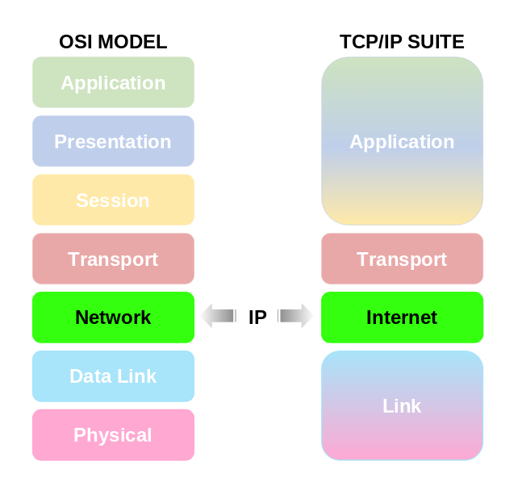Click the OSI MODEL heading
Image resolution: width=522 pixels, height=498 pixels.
click(x=113, y=42)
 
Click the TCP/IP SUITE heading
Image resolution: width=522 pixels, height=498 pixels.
click(x=402, y=42)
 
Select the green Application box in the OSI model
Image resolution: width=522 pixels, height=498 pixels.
click(x=113, y=82)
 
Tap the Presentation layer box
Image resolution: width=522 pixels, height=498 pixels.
click(x=113, y=141)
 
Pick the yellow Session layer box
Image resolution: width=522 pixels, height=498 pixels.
click(x=113, y=200)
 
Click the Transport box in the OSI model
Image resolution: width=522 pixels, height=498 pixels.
click(x=113, y=259)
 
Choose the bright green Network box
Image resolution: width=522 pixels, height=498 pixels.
click(x=113, y=317)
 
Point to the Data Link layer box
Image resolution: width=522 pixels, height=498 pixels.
click(x=113, y=376)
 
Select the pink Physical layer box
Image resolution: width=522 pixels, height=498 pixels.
click(x=113, y=435)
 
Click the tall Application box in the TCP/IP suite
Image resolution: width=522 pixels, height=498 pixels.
click(x=402, y=141)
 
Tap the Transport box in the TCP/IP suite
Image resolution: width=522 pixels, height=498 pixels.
click(x=402, y=259)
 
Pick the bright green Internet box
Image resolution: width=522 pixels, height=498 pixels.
click(x=402, y=317)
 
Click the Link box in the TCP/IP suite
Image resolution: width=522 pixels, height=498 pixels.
click(x=402, y=405)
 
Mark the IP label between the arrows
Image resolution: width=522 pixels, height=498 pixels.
click(x=257, y=317)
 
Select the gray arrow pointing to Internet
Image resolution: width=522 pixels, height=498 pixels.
click(x=295, y=316)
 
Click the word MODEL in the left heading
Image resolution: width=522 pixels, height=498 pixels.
click(x=132, y=42)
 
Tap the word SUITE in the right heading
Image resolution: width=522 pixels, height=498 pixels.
click(x=436, y=42)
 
